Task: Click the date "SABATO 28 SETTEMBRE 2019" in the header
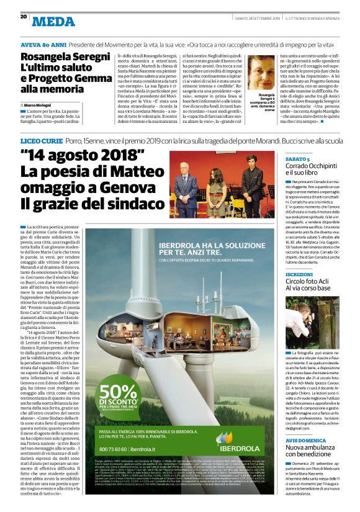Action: coord(258,17)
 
